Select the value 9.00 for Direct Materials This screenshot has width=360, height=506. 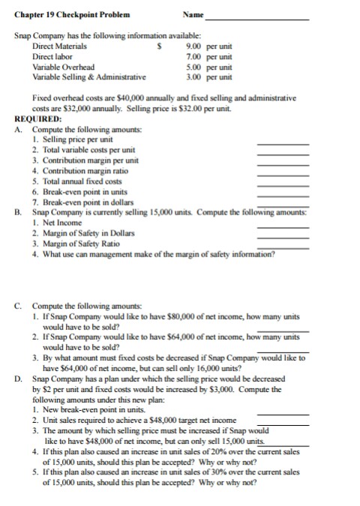tap(193, 46)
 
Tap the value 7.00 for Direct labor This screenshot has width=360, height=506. tap(193, 56)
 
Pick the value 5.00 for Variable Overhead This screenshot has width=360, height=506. tap(193, 66)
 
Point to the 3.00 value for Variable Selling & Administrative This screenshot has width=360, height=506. tap(193, 76)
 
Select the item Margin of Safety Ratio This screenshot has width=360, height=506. tap(83, 244)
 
